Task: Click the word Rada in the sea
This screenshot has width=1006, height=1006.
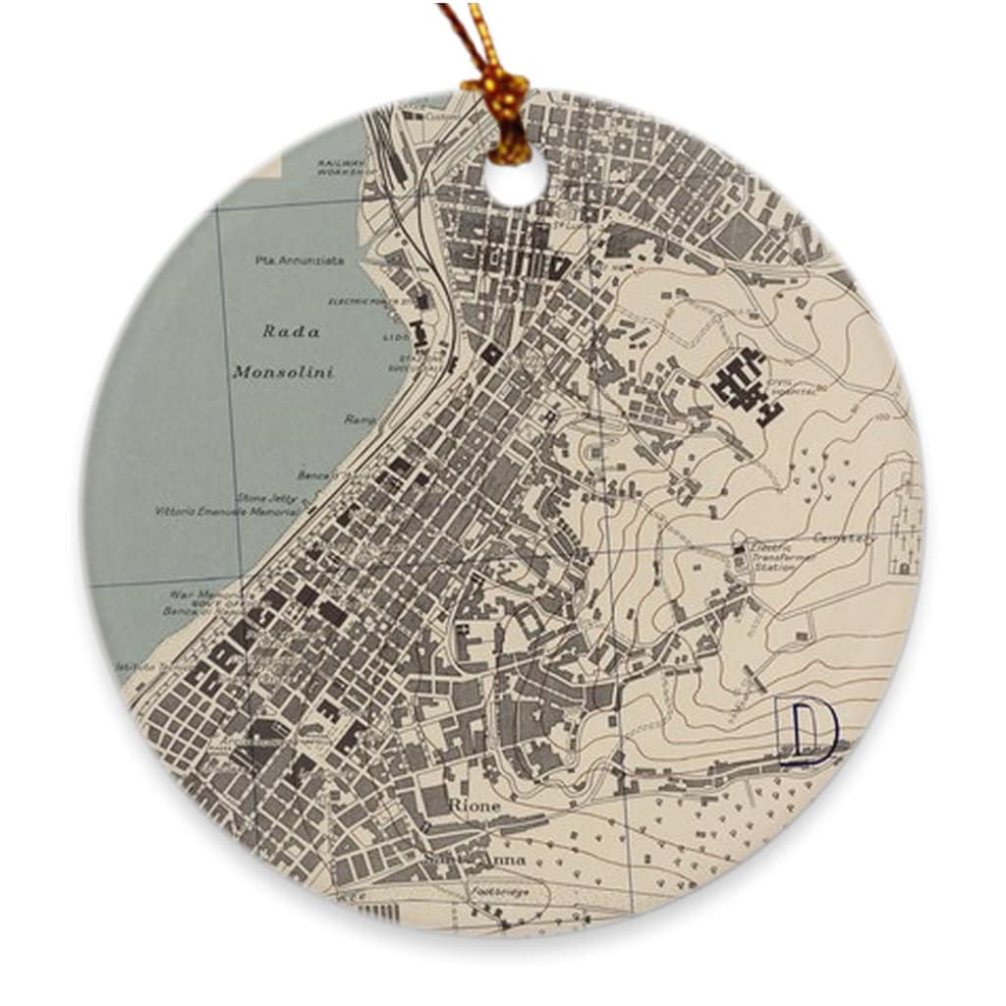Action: [x=291, y=332]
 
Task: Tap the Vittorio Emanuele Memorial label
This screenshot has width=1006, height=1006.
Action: [x=227, y=512]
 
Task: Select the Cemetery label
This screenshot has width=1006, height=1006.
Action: [x=845, y=538]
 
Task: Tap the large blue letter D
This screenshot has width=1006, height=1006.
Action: [x=806, y=731]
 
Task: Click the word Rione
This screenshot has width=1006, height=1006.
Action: [x=474, y=806]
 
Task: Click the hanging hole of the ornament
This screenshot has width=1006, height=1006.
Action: [x=515, y=178]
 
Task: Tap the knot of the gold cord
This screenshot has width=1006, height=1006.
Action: [x=501, y=95]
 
